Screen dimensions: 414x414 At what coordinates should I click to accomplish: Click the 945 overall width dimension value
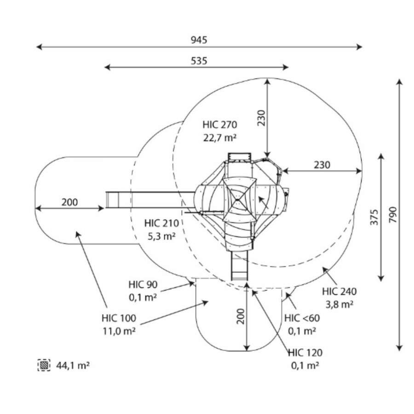(x=199, y=40)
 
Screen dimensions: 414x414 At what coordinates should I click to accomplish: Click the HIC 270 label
(x=219, y=124)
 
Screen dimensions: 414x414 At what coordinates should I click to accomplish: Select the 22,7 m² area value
(x=219, y=137)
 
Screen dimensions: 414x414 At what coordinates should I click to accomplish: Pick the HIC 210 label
(x=161, y=224)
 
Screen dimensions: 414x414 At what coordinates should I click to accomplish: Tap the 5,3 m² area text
(x=161, y=236)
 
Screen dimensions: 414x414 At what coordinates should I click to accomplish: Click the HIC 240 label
(x=339, y=291)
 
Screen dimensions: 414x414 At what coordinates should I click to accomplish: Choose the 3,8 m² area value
(x=339, y=304)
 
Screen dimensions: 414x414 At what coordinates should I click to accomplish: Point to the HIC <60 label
(x=302, y=318)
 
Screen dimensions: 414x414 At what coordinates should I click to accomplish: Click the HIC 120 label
(x=305, y=353)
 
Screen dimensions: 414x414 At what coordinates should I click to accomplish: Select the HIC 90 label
(x=143, y=285)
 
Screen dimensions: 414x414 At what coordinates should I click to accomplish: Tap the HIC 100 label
(x=119, y=318)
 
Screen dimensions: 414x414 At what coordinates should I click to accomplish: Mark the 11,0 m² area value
(x=119, y=331)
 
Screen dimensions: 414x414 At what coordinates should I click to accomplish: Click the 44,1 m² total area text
(x=73, y=366)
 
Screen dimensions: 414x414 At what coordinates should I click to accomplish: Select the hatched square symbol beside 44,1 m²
(x=44, y=365)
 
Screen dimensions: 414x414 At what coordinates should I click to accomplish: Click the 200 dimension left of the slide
(x=69, y=202)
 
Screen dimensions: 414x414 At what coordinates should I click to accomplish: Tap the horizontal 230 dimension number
(x=322, y=165)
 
